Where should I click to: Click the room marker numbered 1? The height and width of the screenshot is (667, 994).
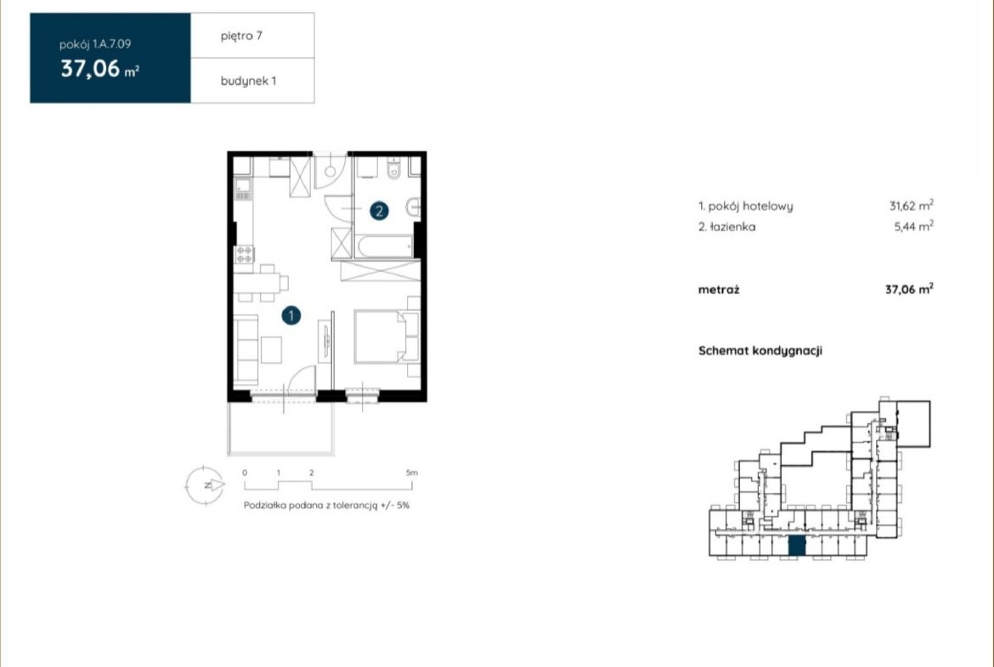[291, 315]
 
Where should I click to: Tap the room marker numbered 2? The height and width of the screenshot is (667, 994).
[379, 211]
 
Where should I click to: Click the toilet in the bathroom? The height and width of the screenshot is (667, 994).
[393, 168]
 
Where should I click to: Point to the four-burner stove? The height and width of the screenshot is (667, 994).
[244, 254]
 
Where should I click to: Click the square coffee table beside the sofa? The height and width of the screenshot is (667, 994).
[271, 350]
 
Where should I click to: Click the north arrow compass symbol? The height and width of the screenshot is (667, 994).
[204, 485]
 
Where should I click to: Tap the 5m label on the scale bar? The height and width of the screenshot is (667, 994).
[412, 472]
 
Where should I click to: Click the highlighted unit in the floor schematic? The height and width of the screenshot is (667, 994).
[797, 545]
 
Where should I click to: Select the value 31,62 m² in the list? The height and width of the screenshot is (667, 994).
[911, 206]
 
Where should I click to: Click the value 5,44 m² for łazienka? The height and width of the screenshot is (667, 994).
[913, 226]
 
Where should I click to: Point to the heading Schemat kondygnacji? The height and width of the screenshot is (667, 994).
[760, 351]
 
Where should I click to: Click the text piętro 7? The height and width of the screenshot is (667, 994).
[241, 36]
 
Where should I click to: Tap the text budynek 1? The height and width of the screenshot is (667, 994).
[248, 81]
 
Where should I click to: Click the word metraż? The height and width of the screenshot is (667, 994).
[719, 290]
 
